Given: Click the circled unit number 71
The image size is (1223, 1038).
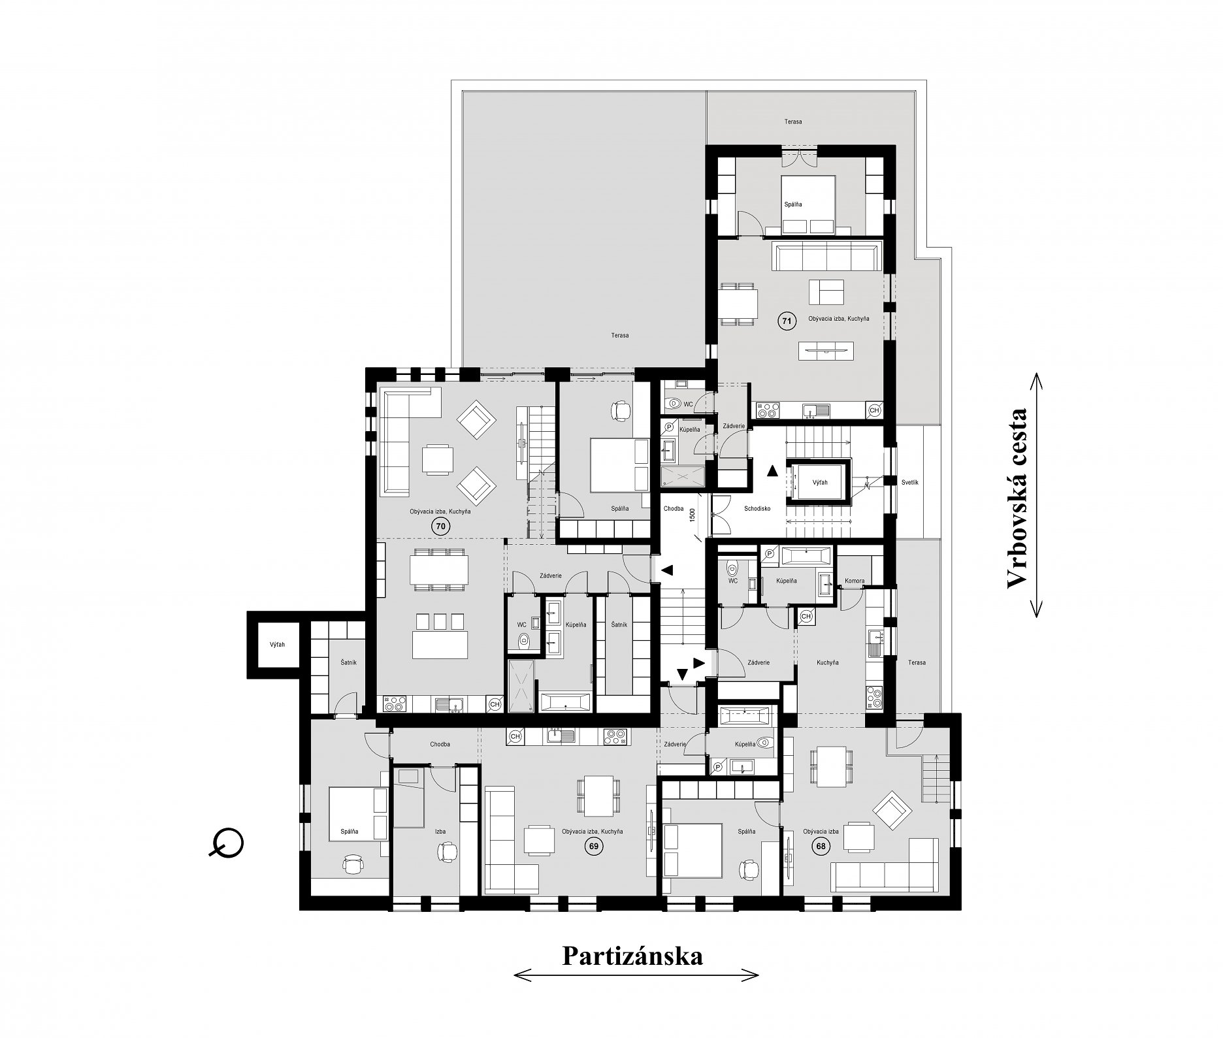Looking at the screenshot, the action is tap(786, 321).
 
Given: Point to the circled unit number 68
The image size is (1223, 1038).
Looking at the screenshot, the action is tap(820, 846).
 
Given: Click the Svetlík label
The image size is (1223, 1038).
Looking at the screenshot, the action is tap(910, 482).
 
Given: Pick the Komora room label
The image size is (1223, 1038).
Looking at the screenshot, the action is tap(855, 581).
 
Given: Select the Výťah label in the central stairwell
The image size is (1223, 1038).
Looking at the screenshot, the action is tap(820, 482).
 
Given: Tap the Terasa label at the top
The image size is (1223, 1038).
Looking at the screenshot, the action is tap(793, 122).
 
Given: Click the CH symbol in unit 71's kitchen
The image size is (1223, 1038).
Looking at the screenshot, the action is tap(874, 410).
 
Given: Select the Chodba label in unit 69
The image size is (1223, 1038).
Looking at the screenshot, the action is tap(440, 744).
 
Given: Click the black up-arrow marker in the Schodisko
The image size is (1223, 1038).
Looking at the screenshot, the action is tap(773, 469).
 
